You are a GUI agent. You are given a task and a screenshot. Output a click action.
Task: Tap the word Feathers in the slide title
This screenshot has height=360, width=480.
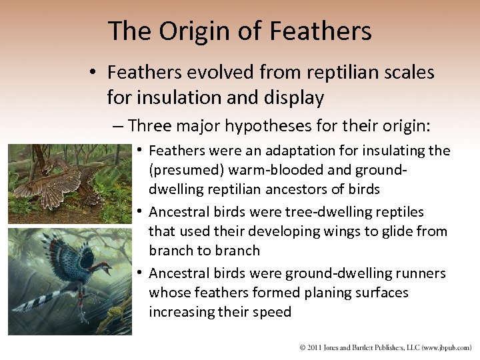(321, 31)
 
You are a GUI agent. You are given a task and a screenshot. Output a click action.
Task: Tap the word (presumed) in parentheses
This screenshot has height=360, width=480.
(182, 169)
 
